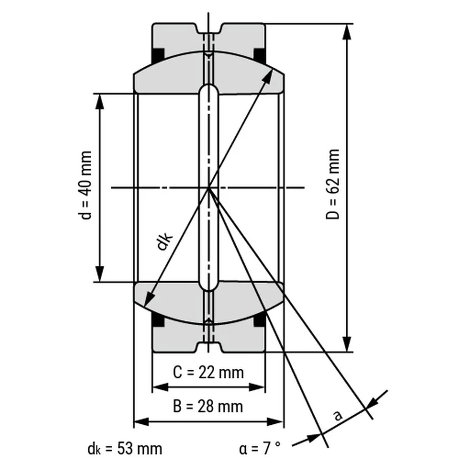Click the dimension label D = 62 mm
pyautogui.click(x=333, y=184)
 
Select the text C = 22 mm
pyautogui.click(x=209, y=373)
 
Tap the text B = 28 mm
pyautogui.click(x=208, y=406)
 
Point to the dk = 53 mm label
pyautogui.click(x=125, y=448)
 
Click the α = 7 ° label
pyautogui.click(x=260, y=448)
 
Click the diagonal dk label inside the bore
pyautogui.click(x=164, y=240)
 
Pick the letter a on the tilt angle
pyautogui.click(x=338, y=415)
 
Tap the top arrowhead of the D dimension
pyautogui.click(x=347, y=31)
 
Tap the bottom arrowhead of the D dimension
pyautogui.click(x=347, y=344)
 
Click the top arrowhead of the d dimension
pyautogui.click(x=100, y=101)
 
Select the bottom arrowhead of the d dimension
pyautogui.click(x=100, y=274)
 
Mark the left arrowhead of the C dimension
pyautogui.click(x=161, y=387)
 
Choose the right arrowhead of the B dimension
pyautogui.click(x=275, y=422)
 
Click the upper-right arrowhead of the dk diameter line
pyautogui.click(x=268, y=76)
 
